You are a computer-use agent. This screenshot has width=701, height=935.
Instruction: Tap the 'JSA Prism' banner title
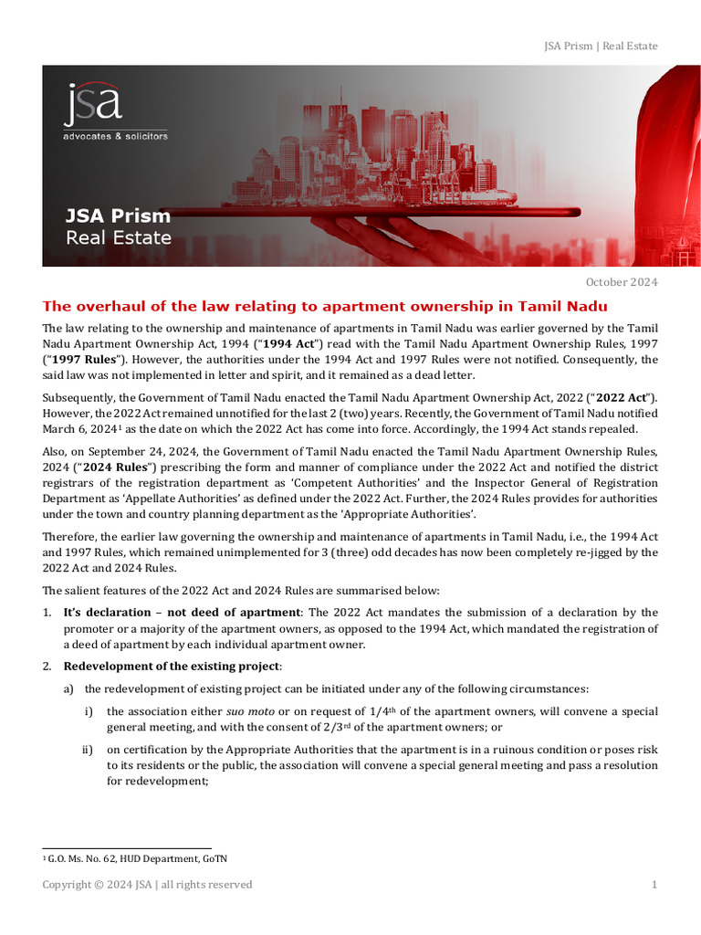(x=118, y=216)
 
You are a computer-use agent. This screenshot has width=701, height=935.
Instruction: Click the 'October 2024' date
(x=621, y=281)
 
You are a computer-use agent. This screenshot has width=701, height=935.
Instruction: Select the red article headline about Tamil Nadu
(x=325, y=306)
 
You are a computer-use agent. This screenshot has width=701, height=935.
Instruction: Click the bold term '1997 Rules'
(x=78, y=359)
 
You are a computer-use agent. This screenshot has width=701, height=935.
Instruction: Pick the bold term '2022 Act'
(x=622, y=397)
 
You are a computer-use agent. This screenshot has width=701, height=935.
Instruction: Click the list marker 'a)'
(x=69, y=688)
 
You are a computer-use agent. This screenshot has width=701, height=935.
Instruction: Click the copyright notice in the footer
(x=147, y=884)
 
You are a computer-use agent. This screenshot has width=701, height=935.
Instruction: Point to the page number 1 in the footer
(x=654, y=884)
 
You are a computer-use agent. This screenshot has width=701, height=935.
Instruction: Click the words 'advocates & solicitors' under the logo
(x=115, y=136)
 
